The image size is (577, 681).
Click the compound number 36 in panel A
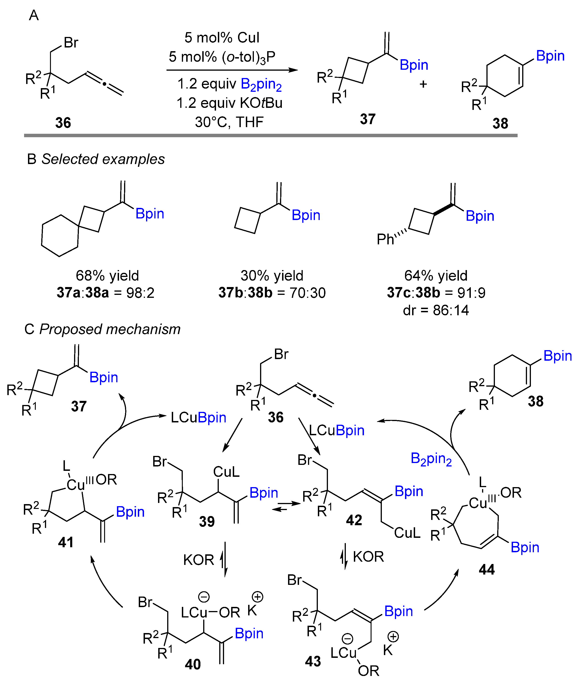click(63, 123)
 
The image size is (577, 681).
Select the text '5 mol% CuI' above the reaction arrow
click(222, 38)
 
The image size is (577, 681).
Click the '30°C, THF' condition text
click(229, 122)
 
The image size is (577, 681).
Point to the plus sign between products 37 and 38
click(423, 84)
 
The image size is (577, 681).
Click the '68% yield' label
click(107, 276)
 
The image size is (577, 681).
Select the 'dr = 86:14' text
click(436, 310)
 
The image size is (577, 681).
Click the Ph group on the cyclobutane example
click(385, 240)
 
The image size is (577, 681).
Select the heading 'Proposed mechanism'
click(110, 329)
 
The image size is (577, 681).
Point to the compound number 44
click(487, 570)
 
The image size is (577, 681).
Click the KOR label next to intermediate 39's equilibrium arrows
click(198, 560)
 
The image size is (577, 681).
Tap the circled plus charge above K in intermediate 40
click(258, 597)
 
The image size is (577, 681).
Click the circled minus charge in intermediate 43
click(347, 639)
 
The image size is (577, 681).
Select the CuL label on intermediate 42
click(407, 533)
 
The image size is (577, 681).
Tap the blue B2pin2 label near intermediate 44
click(431, 459)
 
